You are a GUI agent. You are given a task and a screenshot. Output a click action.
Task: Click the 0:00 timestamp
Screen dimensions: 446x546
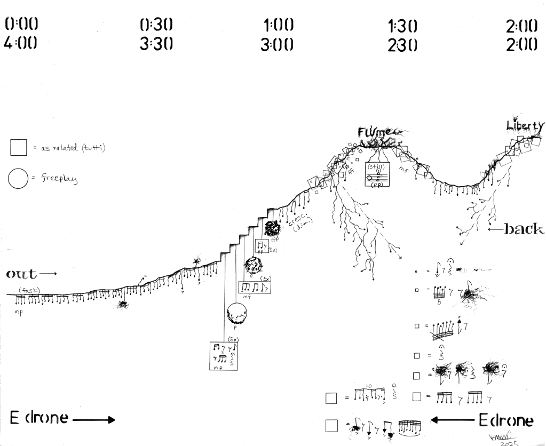click(22, 24)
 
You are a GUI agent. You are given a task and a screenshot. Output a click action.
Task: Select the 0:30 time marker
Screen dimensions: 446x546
click(156, 25)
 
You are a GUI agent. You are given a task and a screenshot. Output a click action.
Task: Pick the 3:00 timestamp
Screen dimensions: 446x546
click(277, 45)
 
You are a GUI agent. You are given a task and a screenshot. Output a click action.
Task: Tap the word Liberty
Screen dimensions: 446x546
click(525, 126)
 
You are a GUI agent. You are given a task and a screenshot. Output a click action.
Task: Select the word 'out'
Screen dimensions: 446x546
click(21, 274)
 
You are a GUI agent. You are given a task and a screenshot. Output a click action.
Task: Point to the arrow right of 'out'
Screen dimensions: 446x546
click(48, 274)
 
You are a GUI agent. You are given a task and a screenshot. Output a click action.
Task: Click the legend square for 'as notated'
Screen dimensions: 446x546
click(18, 147)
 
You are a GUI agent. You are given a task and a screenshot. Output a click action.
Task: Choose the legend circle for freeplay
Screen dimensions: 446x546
click(18, 179)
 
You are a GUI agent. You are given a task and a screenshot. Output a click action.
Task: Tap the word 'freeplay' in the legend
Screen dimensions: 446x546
click(60, 180)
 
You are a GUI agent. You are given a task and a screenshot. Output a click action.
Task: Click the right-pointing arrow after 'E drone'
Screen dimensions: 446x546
click(94, 419)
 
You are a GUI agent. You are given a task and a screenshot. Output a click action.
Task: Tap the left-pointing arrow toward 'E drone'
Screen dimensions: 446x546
click(452, 420)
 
